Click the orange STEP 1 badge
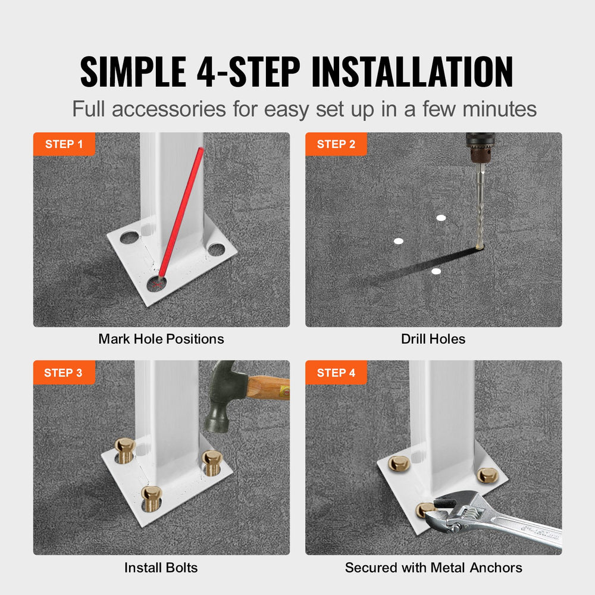coord(64,144)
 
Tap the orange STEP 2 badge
coord(336,144)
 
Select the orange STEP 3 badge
coord(64,372)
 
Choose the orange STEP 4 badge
coord(336,372)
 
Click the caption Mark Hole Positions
coord(161,339)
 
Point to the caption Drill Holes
coord(433,339)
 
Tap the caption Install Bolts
coord(161,568)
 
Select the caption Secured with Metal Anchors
coord(433,568)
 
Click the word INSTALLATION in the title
coord(412,72)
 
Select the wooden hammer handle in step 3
coord(267,389)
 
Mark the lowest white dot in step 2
coord(436,271)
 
